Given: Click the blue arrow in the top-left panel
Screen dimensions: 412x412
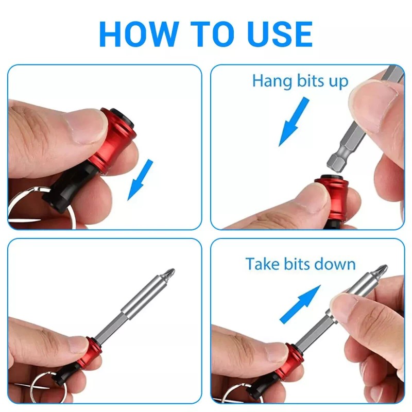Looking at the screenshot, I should point(141,179).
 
